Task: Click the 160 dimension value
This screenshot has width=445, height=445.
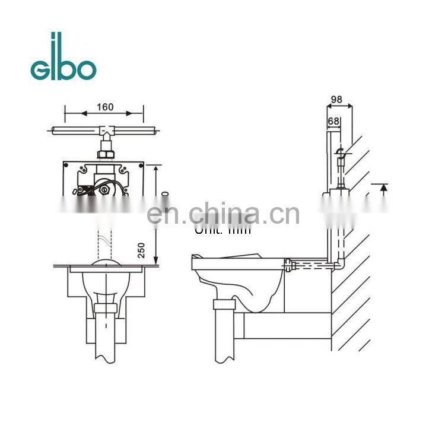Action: tap(104, 107)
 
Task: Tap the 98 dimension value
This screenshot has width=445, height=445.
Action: tap(337, 99)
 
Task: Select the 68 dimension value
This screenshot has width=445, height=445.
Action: tap(333, 121)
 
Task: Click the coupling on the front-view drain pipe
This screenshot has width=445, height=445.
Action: tap(107, 309)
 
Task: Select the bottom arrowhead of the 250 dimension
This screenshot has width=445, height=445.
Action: tap(155, 260)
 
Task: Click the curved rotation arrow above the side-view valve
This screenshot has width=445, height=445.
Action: tap(341, 153)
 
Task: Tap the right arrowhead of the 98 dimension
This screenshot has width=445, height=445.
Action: tap(351, 107)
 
